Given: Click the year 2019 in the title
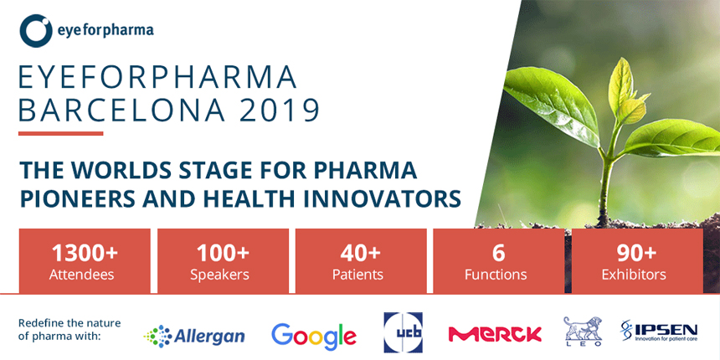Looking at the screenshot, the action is coord(280,110).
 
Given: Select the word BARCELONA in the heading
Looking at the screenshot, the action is coord(125,110).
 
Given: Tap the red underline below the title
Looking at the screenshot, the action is coord(61,134).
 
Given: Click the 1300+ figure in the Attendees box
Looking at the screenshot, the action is coord(85,253).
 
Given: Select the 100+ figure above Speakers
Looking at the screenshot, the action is coord(223,253).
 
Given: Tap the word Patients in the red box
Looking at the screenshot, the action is coord(357,275).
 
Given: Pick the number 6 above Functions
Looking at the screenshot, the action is coord(498,253).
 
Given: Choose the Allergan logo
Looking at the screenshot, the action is coord(193,336).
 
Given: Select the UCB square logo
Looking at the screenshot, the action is coord(404,332).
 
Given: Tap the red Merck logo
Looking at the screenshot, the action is coord(495,334).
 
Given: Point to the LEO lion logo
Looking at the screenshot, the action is coord(584,331).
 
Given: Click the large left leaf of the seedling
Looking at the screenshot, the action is coord(551,106).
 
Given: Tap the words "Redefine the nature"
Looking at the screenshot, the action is coord(69,323).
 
